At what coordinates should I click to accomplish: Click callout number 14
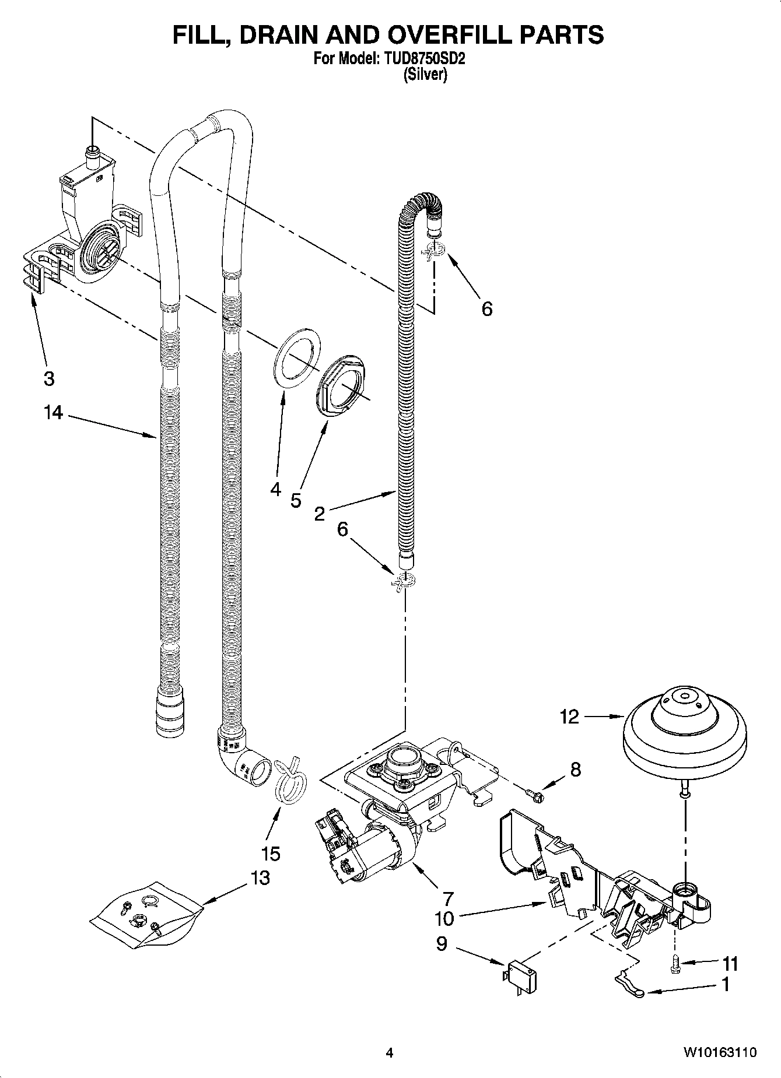pyautogui.click(x=52, y=413)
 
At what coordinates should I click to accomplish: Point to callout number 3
pyautogui.click(x=49, y=379)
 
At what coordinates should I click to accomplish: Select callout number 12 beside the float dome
pyautogui.click(x=569, y=716)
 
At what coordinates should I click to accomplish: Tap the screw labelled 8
pyautogui.click(x=535, y=792)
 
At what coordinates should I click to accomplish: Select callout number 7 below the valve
pyautogui.click(x=448, y=898)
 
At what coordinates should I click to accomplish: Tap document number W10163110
pyautogui.click(x=720, y=1052)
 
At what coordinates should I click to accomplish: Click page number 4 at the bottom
pyautogui.click(x=390, y=1053)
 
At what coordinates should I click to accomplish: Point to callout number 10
pyautogui.click(x=444, y=919)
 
